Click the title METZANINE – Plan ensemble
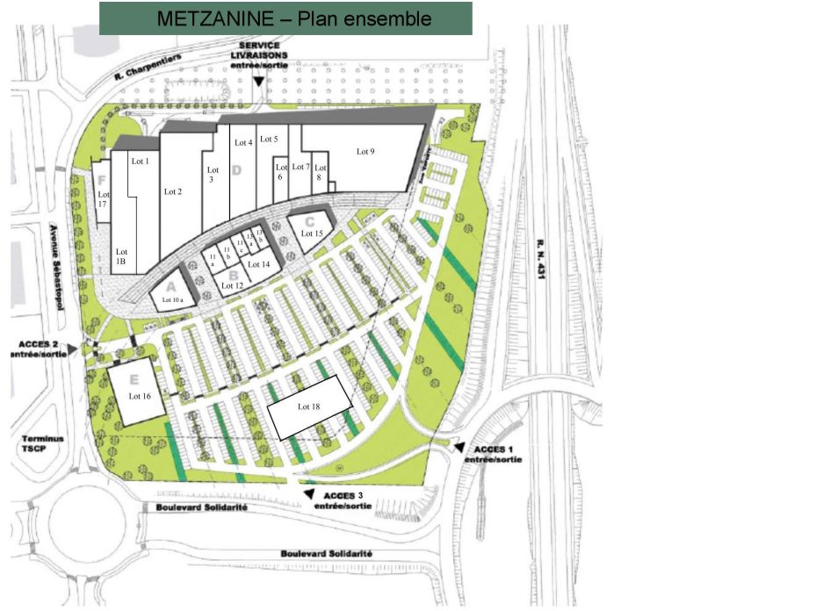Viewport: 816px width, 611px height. [285, 18]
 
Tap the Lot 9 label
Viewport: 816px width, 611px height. [365, 152]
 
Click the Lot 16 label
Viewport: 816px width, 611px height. [140, 396]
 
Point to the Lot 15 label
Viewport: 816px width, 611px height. [312, 234]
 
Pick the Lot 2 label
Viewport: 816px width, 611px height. [173, 191]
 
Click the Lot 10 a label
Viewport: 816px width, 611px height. [172, 300]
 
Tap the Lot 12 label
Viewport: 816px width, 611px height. [232, 285]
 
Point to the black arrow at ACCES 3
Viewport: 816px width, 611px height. [308, 496]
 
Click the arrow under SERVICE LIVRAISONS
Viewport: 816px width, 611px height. [258, 81]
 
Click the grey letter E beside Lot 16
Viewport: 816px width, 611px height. [134, 379]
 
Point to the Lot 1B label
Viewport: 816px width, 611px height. [122, 256]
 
